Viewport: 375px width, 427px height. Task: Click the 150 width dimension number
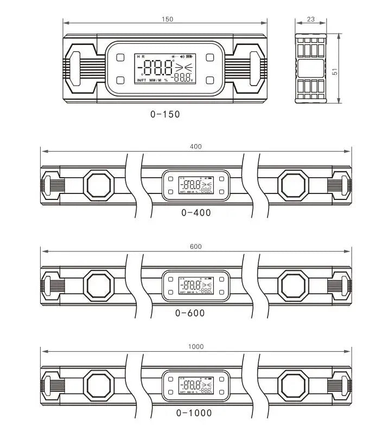click(167, 19)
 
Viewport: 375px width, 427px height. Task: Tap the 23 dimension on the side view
click(311, 19)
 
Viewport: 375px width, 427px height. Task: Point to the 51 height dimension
click(335, 71)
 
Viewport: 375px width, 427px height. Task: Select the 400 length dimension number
click(196, 146)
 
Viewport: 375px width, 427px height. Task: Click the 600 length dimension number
click(196, 247)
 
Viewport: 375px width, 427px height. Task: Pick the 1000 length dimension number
click(196, 347)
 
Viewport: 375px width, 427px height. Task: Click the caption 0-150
click(165, 114)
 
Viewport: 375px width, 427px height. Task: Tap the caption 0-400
click(196, 213)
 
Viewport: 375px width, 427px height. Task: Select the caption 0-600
click(190, 313)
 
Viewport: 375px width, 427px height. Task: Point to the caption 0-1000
click(194, 413)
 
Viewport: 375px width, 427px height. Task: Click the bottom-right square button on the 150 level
click(210, 80)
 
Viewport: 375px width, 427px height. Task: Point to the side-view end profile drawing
click(311, 68)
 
